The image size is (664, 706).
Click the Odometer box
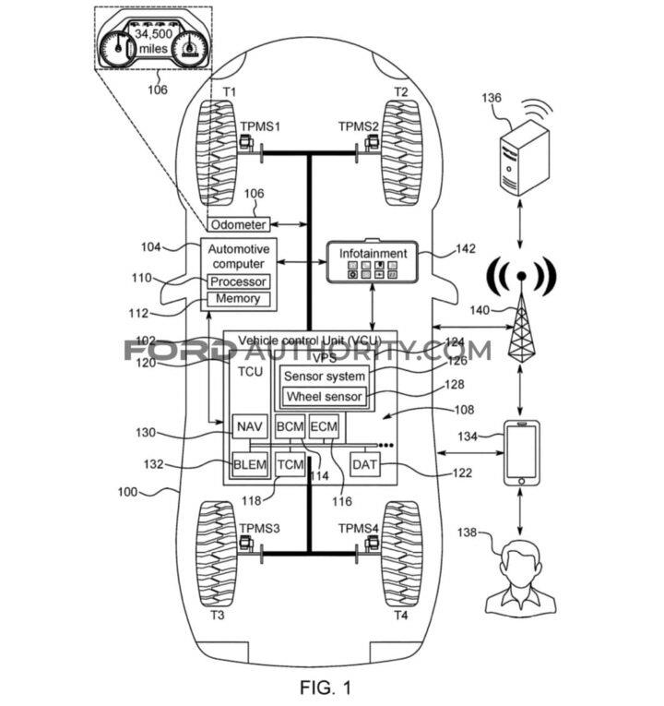[238, 225]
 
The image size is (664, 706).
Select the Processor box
[238, 281]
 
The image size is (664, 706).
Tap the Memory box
[238, 299]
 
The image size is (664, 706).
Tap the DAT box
[364, 464]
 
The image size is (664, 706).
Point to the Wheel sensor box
[323, 397]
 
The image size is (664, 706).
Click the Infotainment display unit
[373, 261]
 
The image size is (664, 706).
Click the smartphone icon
[521, 451]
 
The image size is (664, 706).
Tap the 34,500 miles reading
[156, 41]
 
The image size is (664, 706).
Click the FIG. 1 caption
[325, 687]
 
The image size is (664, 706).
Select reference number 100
[131, 492]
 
